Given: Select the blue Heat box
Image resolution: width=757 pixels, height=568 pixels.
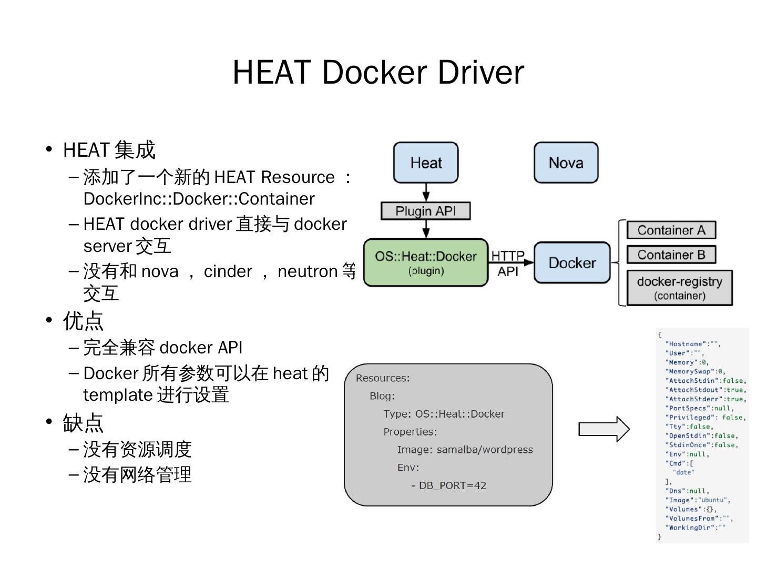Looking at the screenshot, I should (x=426, y=163).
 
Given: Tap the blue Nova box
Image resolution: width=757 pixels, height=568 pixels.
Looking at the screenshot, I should (x=566, y=163).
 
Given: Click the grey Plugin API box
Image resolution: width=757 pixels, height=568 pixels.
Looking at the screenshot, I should (x=426, y=211).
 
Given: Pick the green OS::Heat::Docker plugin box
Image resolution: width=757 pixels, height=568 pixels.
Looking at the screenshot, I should (x=426, y=262).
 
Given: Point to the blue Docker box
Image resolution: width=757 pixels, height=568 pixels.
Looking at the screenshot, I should (x=572, y=262).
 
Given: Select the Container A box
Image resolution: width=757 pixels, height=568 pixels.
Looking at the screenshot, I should (x=671, y=230).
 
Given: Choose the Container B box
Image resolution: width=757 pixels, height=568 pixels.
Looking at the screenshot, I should (x=671, y=255).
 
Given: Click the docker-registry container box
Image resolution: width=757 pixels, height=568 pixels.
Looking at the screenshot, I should (x=680, y=288).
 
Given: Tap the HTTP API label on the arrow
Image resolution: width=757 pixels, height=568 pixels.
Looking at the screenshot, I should (x=508, y=263).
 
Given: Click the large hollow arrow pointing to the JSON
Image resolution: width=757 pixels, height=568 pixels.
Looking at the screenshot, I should (x=603, y=429).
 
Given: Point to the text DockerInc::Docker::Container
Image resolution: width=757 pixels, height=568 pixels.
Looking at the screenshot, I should (x=199, y=199).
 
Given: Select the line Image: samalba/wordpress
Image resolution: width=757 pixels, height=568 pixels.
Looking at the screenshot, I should (x=465, y=450).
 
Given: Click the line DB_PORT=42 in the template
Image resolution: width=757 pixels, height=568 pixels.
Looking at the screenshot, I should (x=452, y=485).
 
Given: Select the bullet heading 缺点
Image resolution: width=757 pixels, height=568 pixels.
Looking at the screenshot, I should (x=83, y=423).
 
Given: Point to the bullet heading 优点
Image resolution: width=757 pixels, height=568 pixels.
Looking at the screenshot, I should (x=83, y=321).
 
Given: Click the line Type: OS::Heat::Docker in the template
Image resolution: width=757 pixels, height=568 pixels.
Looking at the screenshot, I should (x=444, y=414).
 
